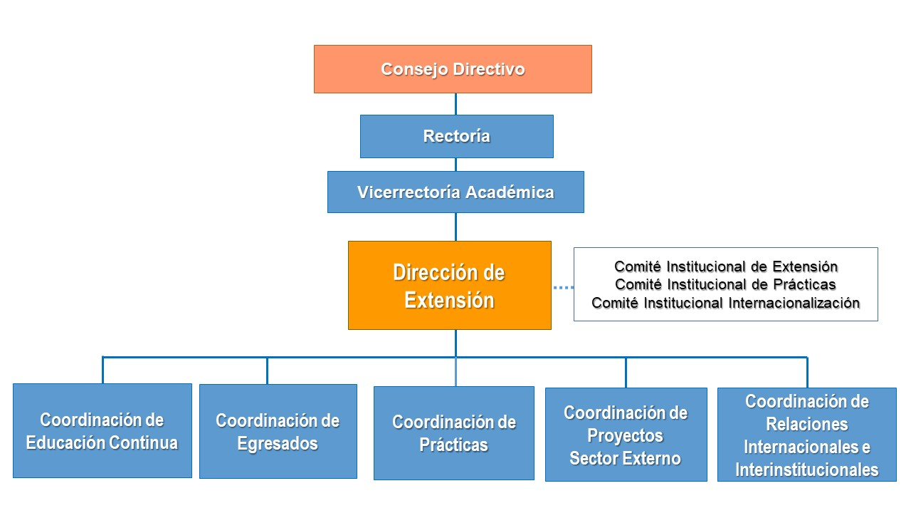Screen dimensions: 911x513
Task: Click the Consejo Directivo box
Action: click(x=453, y=69)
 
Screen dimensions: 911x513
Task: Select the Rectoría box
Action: click(x=457, y=136)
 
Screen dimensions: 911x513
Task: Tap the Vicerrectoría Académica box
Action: click(x=455, y=192)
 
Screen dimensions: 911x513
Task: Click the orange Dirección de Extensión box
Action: click(x=450, y=286)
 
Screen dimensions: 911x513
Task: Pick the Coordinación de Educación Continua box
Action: click(x=102, y=431)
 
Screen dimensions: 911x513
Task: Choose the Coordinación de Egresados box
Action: click(x=278, y=432)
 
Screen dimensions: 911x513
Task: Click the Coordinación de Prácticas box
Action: click(x=454, y=433)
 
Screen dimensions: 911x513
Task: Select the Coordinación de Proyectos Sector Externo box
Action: click(x=626, y=435)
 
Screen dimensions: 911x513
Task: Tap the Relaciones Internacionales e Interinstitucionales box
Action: click(x=807, y=435)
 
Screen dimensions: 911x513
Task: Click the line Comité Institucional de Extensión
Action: click(x=726, y=266)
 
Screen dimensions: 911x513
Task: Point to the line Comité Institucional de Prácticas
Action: click(x=725, y=284)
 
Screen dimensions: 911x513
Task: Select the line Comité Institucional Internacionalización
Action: click(x=725, y=304)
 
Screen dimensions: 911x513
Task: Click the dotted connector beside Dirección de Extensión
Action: click(x=563, y=287)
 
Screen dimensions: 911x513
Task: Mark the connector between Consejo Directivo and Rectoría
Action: click(x=455, y=104)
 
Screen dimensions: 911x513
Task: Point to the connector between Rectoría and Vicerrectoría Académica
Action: click(x=455, y=165)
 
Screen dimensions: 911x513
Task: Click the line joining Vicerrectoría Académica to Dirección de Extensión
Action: click(x=455, y=227)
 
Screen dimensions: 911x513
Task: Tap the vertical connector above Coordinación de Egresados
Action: click(x=267, y=371)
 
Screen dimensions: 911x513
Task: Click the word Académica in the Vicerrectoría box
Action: click(x=510, y=192)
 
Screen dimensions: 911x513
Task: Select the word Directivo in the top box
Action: click(x=488, y=69)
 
